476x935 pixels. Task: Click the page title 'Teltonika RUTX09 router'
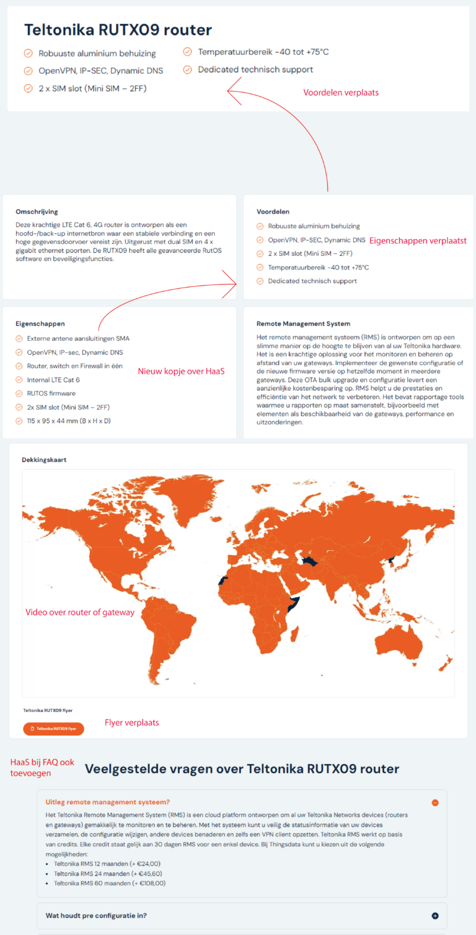118,30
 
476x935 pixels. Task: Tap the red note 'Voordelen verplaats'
340,92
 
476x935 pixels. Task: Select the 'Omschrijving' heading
37,211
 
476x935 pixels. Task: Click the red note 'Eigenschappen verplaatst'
418,240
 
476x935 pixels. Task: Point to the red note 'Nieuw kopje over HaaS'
181,372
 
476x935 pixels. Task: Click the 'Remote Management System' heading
303,323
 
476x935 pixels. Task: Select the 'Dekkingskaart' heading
44,460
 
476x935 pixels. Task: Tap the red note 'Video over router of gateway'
80,612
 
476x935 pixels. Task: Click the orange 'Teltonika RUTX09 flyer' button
53,729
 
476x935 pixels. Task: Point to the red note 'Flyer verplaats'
132,722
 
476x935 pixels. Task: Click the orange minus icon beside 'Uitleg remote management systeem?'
435,802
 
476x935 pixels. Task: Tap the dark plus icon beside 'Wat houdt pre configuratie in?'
435,916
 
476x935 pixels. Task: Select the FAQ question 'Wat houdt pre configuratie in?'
96,915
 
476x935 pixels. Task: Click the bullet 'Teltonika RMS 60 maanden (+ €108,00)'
110,883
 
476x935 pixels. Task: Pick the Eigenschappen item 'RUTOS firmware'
51,393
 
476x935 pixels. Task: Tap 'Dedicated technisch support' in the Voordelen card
312,281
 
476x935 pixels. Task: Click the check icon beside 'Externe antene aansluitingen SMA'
19,339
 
